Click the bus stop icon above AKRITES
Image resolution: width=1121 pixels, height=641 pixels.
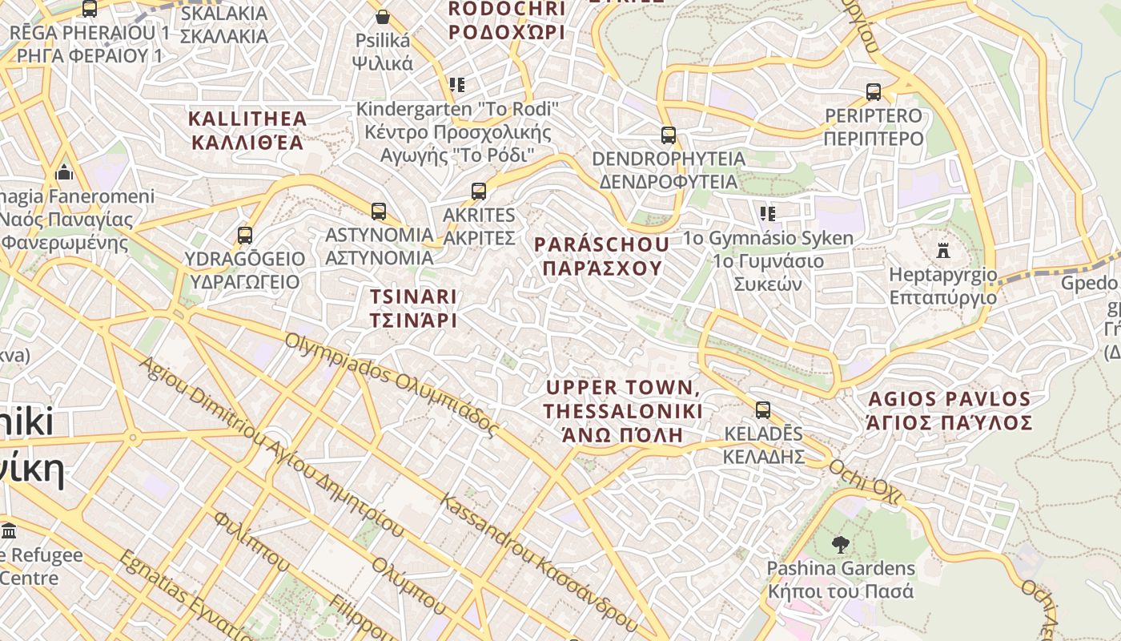[x=479, y=191]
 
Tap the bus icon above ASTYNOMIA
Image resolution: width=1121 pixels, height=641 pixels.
[x=379, y=212]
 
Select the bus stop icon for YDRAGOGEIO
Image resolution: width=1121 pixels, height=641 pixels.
[x=245, y=236]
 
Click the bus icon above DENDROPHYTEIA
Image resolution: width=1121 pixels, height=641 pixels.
[x=669, y=135]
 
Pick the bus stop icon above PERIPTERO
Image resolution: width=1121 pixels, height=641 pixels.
[x=874, y=92]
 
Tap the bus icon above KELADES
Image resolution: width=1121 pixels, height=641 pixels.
[x=763, y=410]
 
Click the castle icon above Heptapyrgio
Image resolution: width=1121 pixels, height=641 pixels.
[x=943, y=251]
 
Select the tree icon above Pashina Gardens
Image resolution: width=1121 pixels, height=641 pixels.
[x=840, y=545]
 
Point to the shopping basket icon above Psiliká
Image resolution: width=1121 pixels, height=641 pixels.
[x=383, y=17]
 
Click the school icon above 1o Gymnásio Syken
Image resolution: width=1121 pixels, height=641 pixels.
[x=768, y=214]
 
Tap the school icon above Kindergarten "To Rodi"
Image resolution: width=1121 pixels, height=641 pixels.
[x=457, y=84]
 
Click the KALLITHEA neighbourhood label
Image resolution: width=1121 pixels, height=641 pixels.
[x=247, y=131]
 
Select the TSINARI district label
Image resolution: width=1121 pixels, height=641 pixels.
[x=413, y=308]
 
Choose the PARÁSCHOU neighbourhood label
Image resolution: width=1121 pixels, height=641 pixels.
[x=602, y=256]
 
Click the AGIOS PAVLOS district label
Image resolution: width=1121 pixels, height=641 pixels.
[x=950, y=410]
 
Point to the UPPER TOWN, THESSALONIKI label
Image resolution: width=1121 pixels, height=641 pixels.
[x=623, y=411]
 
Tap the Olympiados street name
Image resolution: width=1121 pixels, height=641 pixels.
[x=392, y=385]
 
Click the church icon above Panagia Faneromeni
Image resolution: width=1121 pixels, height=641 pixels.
[x=64, y=172]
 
